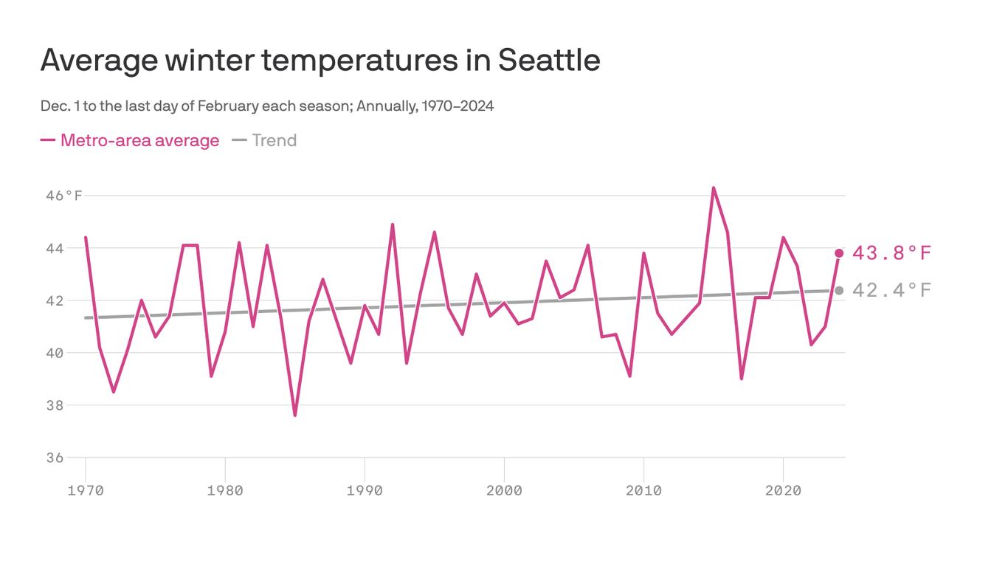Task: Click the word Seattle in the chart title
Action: (x=548, y=60)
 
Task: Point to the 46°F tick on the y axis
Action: (x=63, y=196)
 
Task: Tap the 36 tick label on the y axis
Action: (x=55, y=458)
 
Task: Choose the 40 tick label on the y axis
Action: (x=55, y=353)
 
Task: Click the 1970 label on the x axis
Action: (x=86, y=491)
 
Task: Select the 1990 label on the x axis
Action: (x=365, y=491)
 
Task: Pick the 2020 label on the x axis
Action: (x=783, y=491)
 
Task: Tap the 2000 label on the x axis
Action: (x=504, y=491)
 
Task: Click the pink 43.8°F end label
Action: (x=891, y=253)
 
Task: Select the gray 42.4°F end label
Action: (x=891, y=290)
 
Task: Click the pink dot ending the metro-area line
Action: (x=839, y=253)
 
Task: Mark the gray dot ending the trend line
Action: (x=839, y=290)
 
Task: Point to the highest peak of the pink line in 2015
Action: (x=714, y=188)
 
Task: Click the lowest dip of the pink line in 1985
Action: (x=295, y=415)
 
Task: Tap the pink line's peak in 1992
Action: (x=393, y=224)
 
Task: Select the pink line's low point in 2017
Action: (x=742, y=378)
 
